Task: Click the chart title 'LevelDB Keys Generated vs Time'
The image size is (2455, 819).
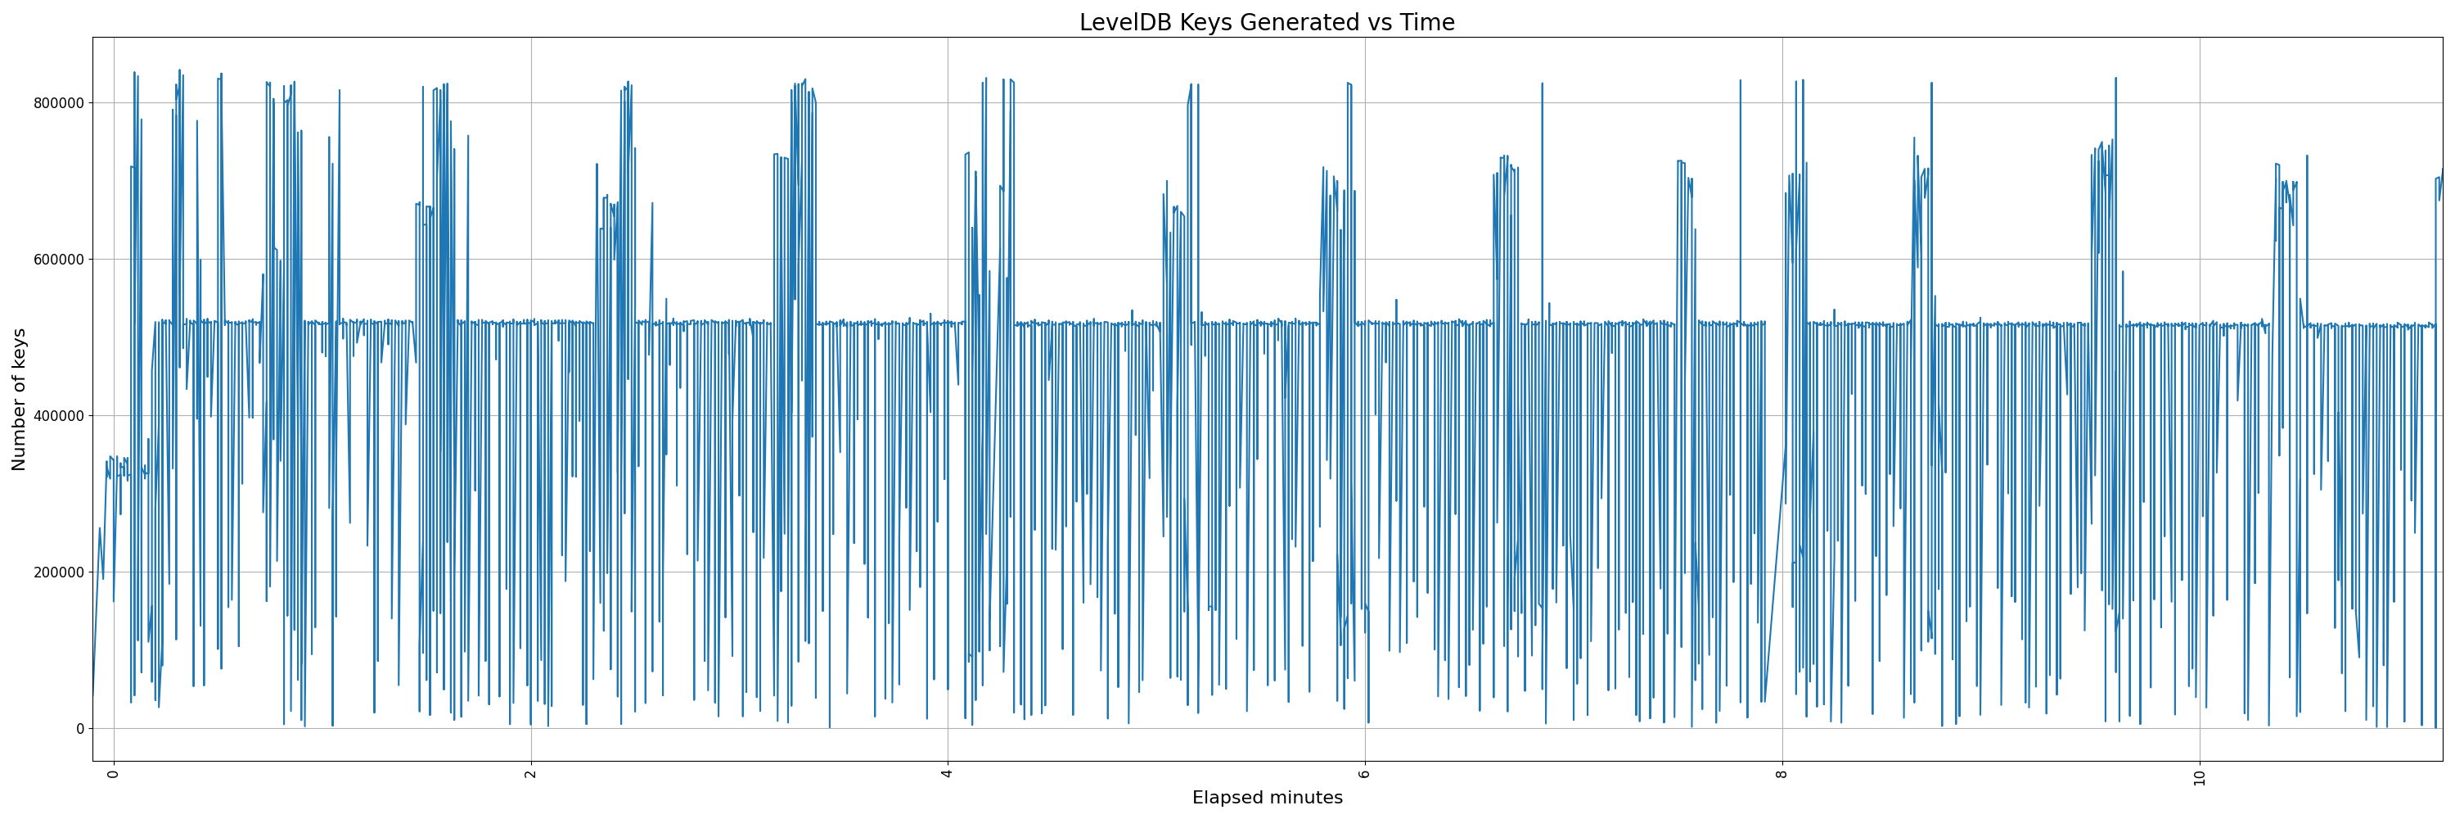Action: click(1267, 23)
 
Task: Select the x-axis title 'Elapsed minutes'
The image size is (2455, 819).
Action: click(1267, 798)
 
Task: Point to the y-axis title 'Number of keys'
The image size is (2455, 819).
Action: click(19, 400)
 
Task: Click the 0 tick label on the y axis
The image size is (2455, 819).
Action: click(80, 728)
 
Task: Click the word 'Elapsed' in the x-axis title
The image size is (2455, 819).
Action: click(1227, 798)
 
